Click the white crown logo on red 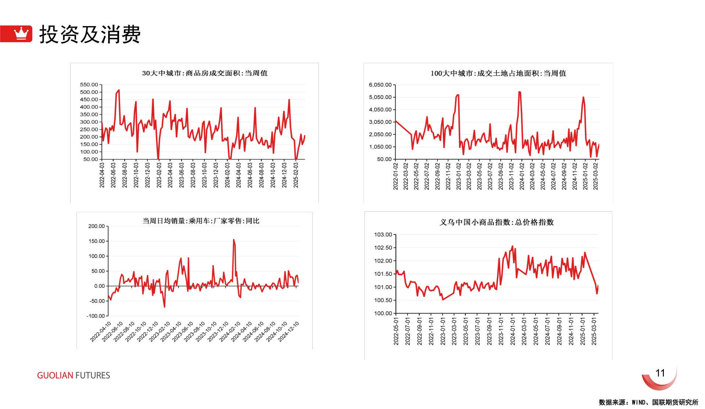(21, 33)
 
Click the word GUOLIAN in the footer (55, 375)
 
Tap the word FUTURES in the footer (93, 375)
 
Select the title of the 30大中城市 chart (205, 73)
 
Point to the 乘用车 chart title (201, 221)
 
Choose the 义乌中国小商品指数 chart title (496, 222)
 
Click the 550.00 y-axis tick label (89, 84)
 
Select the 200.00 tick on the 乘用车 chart (96, 226)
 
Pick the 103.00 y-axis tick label (383, 235)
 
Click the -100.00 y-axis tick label (96, 316)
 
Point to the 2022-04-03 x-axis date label (102, 175)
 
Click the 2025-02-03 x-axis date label (296, 175)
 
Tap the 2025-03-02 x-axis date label (596, 176)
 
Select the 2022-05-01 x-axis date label (396, 331)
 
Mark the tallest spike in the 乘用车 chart (234, 240)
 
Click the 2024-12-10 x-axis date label (289, 332)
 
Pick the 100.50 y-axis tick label (383, 300)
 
